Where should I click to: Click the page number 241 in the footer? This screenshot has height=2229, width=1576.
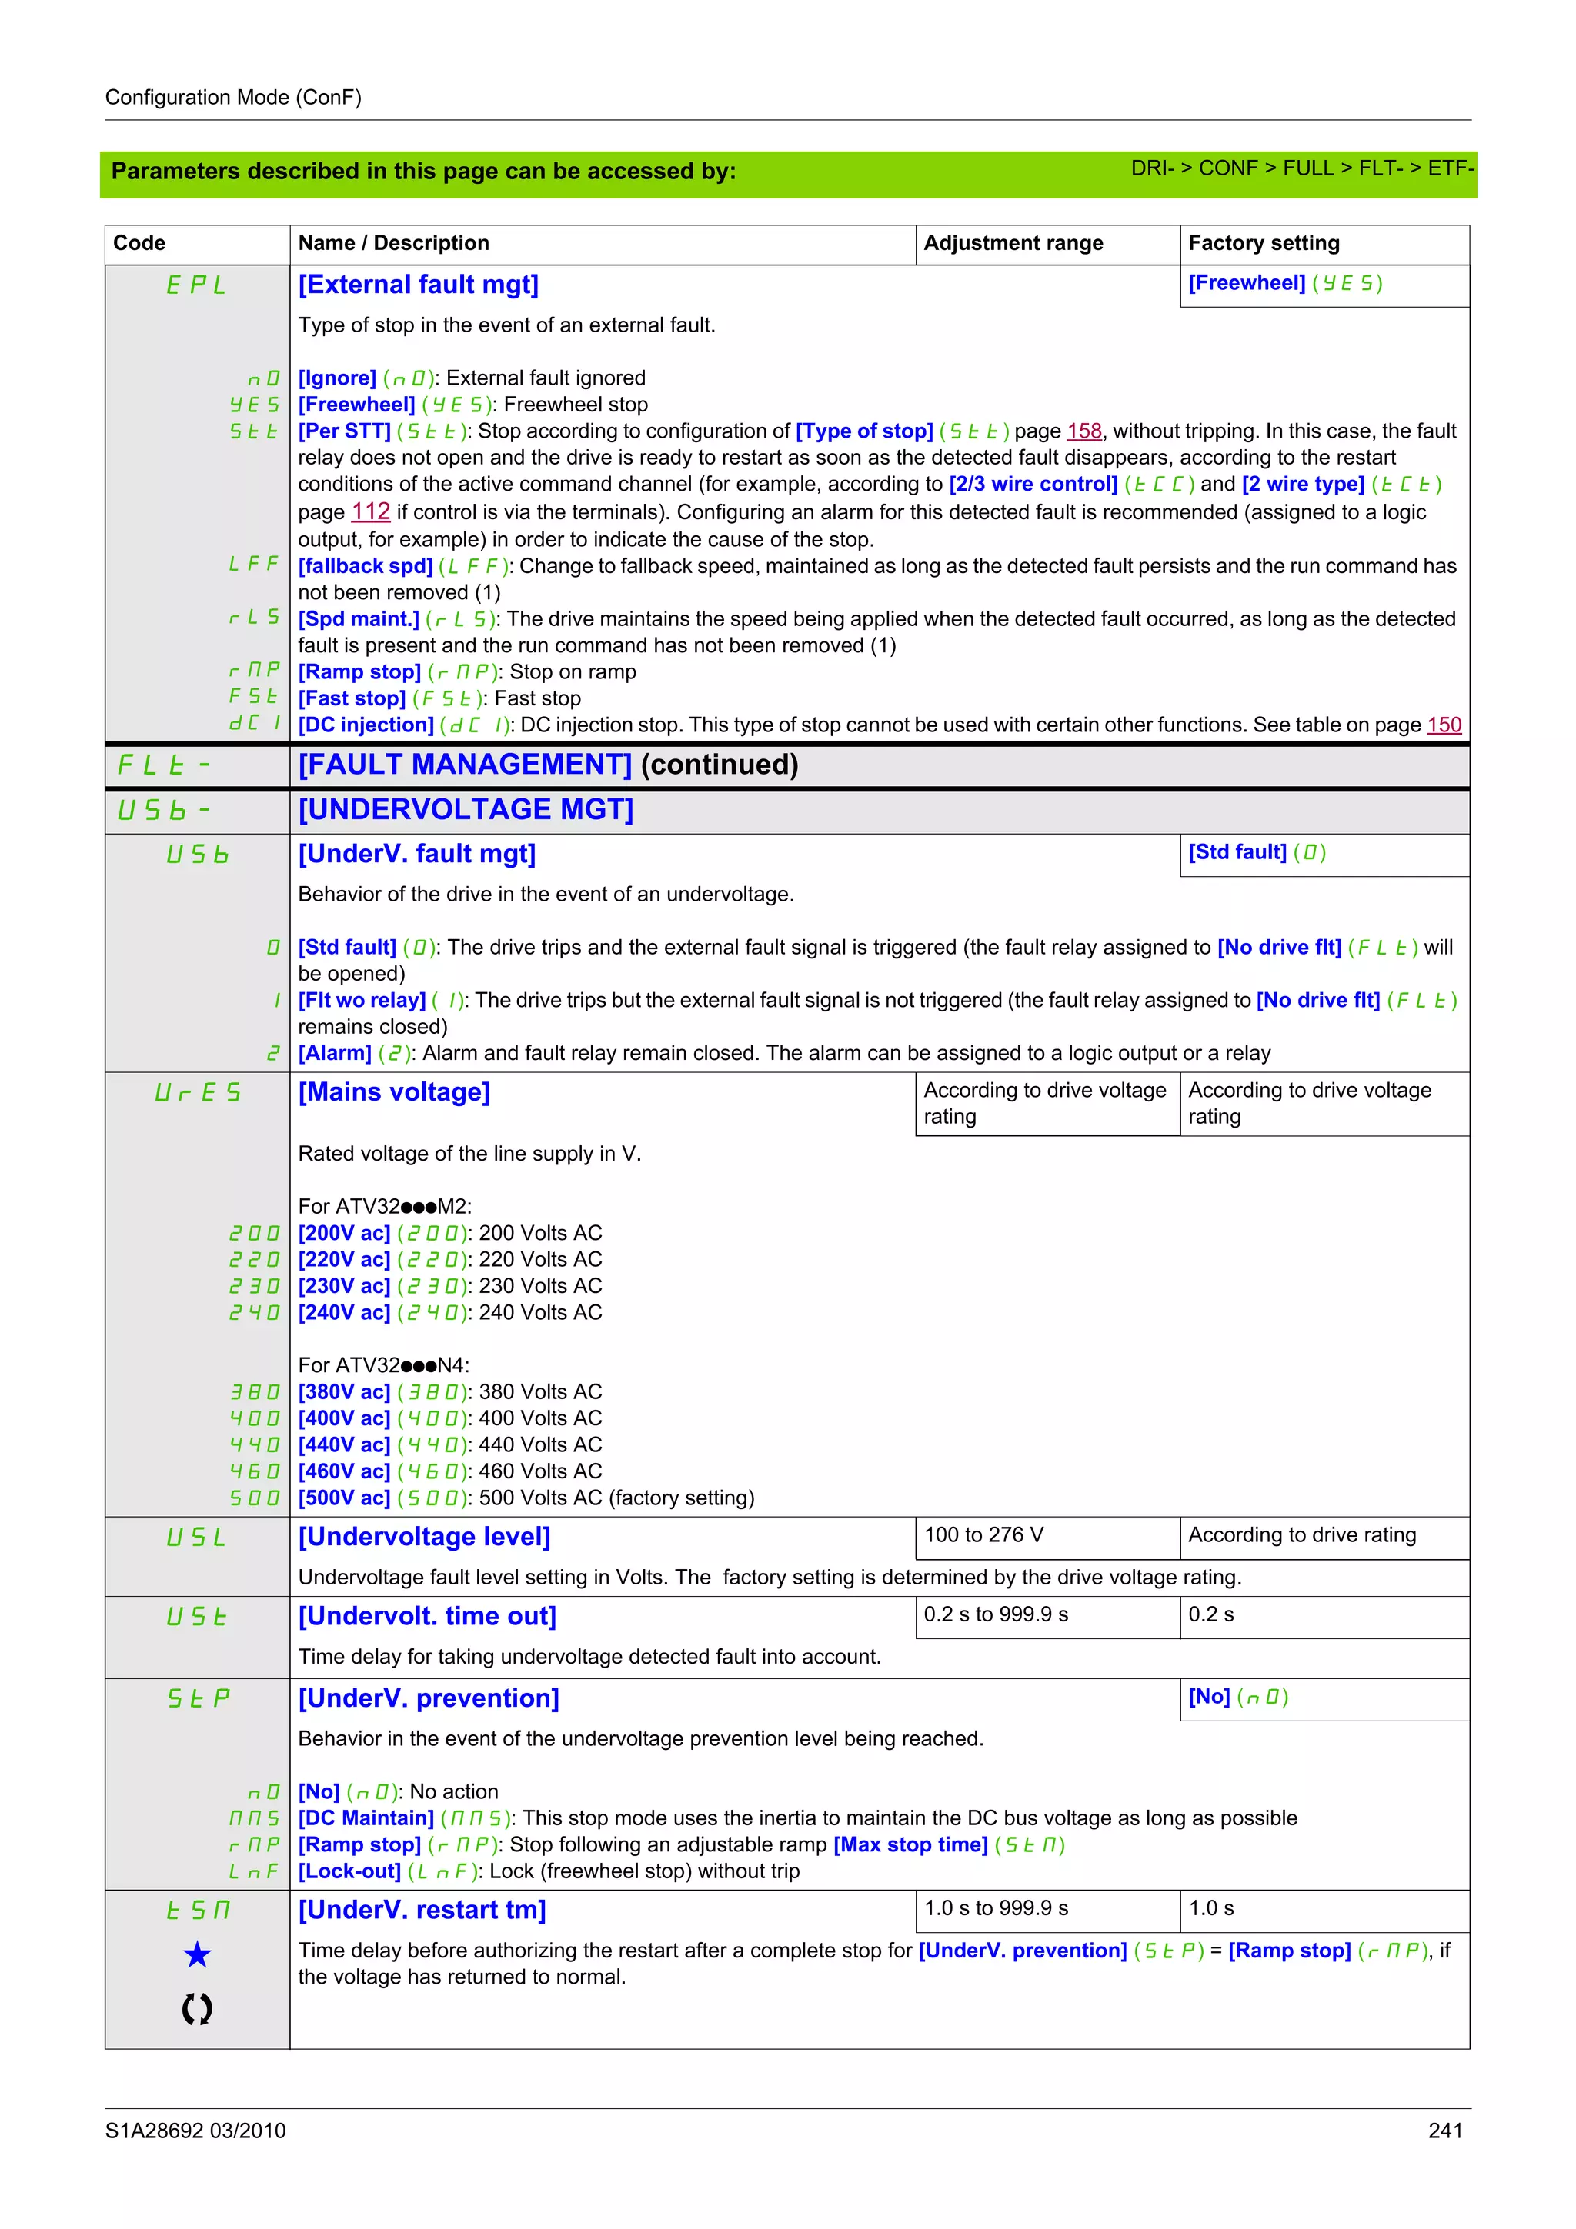1445,2131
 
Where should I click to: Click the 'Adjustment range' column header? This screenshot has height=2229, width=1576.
1013,244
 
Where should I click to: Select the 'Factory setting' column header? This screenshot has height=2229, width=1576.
1264,244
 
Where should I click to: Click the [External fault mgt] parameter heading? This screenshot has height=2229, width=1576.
418,285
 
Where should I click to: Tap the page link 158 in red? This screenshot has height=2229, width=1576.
1083,431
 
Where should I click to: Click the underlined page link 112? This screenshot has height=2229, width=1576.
370,511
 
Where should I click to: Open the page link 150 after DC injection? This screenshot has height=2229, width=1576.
1444,725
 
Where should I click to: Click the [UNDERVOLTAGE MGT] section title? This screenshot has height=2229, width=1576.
465,810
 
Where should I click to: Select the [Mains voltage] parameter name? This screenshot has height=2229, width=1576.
393,1092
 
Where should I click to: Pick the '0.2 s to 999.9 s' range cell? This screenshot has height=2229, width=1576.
995,1614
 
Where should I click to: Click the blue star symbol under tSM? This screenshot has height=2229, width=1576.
197,1955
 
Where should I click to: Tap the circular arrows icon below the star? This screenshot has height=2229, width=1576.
197,2008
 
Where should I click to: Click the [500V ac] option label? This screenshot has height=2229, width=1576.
344,1498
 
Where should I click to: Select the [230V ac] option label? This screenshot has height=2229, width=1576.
344,1286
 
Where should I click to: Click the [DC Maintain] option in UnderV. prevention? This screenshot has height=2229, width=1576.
365,1818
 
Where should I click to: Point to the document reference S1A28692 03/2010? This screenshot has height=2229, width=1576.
195,2131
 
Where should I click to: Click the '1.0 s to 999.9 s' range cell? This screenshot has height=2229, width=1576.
995,1908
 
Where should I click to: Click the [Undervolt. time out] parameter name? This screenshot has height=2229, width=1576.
426,1617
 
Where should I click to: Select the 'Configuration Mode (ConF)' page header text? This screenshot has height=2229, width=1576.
233,97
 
